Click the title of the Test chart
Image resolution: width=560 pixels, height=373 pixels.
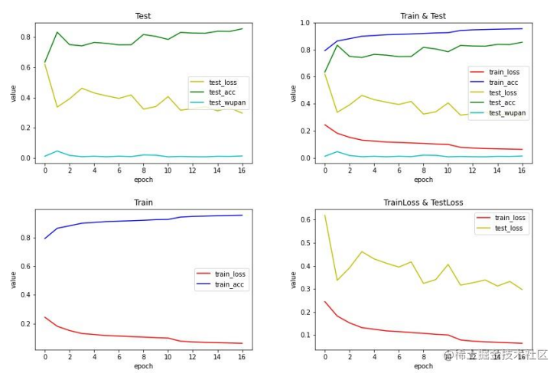click(143, 16)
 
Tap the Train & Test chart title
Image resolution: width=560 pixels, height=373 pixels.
click(422, 16)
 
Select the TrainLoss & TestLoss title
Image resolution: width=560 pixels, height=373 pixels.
click(422, 203)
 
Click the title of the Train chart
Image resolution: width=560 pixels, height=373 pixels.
click(143, 203)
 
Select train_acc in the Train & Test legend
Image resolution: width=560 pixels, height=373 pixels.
click(505, 82)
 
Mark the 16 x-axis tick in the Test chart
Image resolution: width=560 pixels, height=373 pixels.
click(242, 170)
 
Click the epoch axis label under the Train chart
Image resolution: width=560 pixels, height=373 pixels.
click(143, 366)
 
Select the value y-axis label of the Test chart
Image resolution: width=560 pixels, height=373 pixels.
click(13, 93)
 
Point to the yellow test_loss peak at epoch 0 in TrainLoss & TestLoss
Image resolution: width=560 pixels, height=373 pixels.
click(325, 216)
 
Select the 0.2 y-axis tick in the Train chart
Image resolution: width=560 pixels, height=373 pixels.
click(27, 323)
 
